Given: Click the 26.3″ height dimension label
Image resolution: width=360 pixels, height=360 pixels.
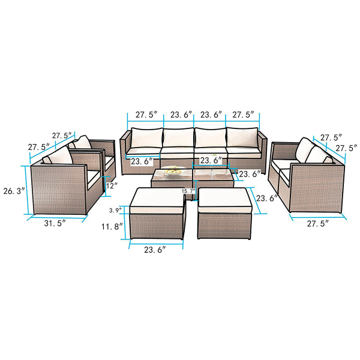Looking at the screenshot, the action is pyautogui.click(x=14, y=191).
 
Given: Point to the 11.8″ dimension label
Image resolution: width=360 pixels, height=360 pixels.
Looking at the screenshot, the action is pyautogui.click(x=113, y=227).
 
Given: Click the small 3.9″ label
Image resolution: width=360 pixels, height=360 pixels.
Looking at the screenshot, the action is pyautogui.click(x=115, y=211).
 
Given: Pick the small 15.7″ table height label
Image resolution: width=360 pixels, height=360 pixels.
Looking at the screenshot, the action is pyautogui.click(x=188, y=191).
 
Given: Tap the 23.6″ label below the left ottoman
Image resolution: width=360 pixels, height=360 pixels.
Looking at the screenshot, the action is pyautogui.click(x=155, y=250).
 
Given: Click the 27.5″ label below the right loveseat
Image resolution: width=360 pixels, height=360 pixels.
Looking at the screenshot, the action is pyautogui.click(x=318, y=223).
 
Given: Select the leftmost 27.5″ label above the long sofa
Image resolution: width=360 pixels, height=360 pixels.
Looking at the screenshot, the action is pyautogui.click(x=146, y=115).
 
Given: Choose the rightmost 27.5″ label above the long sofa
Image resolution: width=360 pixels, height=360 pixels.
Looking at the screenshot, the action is pyautogui.click(x=244, y=115).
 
